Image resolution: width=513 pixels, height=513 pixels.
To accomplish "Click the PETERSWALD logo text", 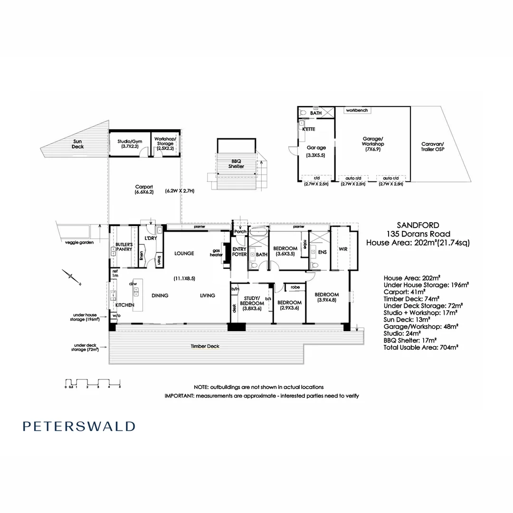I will (x=79, y=426).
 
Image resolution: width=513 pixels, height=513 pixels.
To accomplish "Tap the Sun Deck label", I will (x=77, y=143).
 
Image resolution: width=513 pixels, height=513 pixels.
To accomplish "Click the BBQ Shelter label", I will (x=236, y=164).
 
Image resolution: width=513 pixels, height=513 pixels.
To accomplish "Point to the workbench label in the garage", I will (x=357, y=110).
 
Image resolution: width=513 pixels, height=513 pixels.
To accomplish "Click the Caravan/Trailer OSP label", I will (x=432, y=146).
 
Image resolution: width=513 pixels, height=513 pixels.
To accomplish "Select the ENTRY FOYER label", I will (x=239, y=251).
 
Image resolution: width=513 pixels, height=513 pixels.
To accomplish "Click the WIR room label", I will (x=343, y=249).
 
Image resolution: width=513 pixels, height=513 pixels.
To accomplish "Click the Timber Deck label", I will (x=206, y=346).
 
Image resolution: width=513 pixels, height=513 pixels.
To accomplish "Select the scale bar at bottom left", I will (x=93, y=383).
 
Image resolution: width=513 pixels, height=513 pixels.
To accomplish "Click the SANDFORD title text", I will (x=418, y=225).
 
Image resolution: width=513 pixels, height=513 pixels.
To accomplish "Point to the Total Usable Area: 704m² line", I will (x=420, y=348).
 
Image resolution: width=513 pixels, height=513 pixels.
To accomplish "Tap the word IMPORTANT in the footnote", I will (x=179, y=395).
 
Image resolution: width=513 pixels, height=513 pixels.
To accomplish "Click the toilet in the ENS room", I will (x=314, y=265).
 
